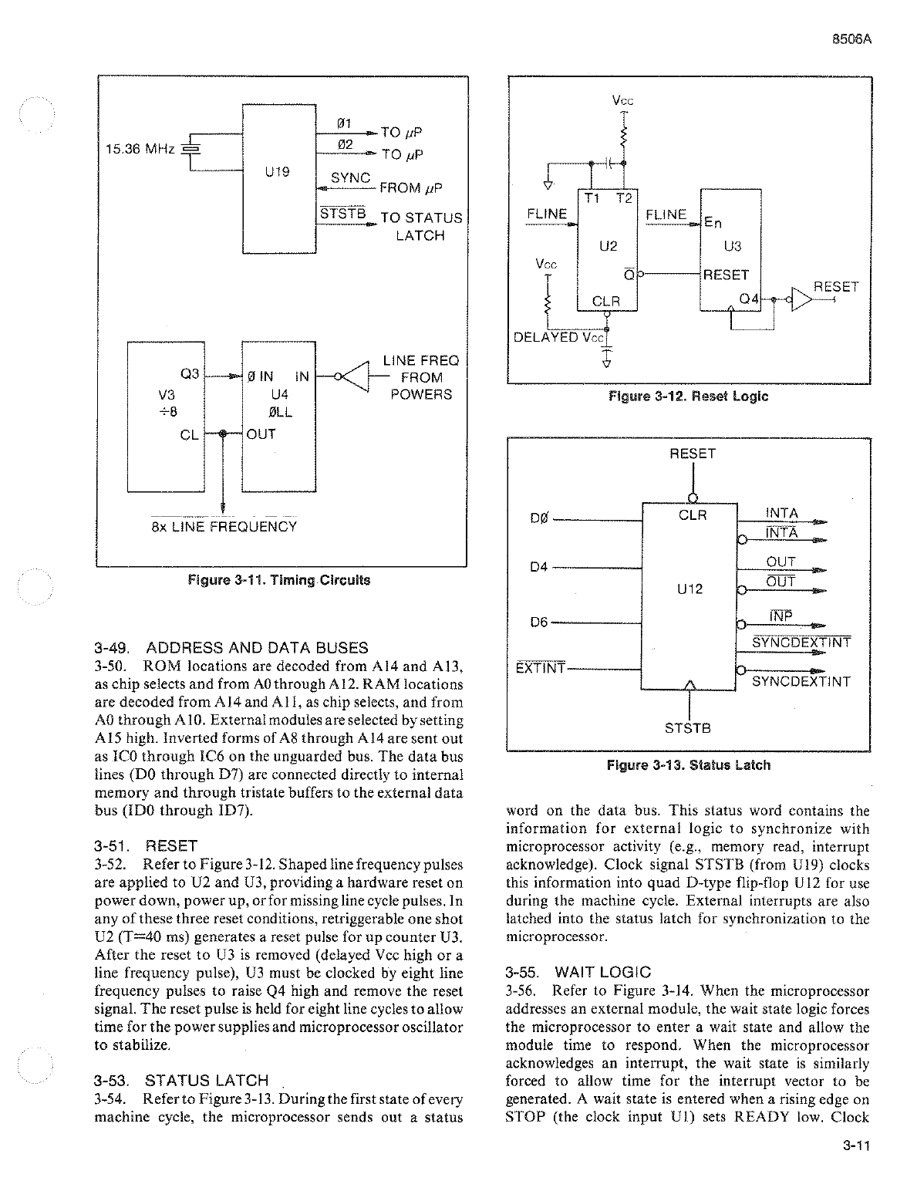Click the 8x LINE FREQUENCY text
224,527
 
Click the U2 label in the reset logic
609,246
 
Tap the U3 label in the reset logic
732,246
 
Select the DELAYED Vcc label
559,337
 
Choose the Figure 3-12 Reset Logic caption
688,396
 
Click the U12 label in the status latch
690,589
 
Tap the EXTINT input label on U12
540,667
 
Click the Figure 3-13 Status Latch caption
688,765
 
